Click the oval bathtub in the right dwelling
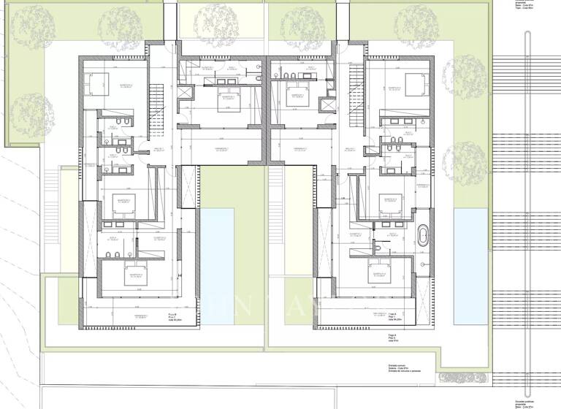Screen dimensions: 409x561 coord(423,236)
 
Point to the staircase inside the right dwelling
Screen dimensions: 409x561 coord(356,83)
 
